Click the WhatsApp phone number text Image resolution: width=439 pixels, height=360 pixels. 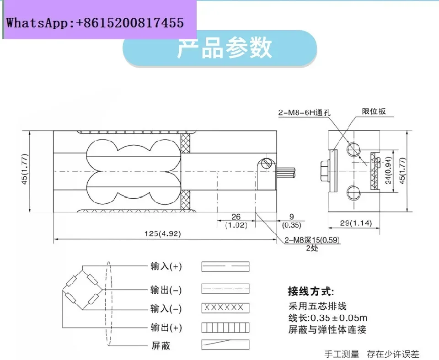pyautogui.click(x=95, y=22)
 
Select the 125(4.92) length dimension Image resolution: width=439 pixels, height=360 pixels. pyautogui.click(x=163, y=233)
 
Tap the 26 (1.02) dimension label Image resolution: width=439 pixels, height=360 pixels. pyautogui.click(x=236, y=221)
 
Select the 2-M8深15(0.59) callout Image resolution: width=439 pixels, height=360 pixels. pyautogui.click(x=311, y=240)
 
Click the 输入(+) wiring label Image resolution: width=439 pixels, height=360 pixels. pyautogui.click(x=166, y=266)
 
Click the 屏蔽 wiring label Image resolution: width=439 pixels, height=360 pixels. pyautogui.click(x=160, y=346)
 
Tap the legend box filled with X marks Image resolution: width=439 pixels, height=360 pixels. pyautogui.click(x=225, y=307)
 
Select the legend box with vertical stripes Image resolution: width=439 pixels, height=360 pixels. pyautogui.click(x=225, y=327)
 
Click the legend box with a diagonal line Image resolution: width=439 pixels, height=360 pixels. pyautogui.click(x=225, y=344)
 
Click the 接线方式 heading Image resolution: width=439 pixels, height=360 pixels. pyautogui.click(x=311, y=291)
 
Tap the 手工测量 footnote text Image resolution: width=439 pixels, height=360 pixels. pyautogui.click(x=342, y=354)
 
